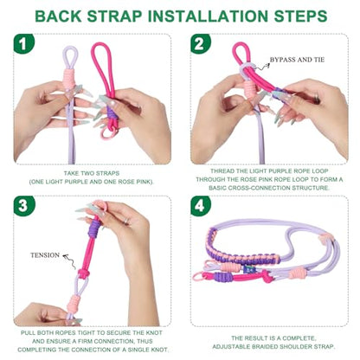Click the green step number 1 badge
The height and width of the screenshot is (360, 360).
[24, 43]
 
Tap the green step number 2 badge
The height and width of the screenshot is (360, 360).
[201, 43]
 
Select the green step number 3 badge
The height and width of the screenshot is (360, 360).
[24, 206]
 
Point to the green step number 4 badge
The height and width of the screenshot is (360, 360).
[201, 206]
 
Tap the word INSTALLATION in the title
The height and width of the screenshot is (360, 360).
[209, 16]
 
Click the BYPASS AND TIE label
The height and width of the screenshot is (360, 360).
[297, 60]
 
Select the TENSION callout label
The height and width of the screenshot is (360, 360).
[45, 255]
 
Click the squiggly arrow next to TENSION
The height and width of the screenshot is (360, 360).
[70, 261]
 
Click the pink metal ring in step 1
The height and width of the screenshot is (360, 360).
[106, 133]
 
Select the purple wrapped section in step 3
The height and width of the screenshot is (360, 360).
[94, 228]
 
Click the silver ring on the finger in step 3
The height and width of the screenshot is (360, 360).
[126, 221]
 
